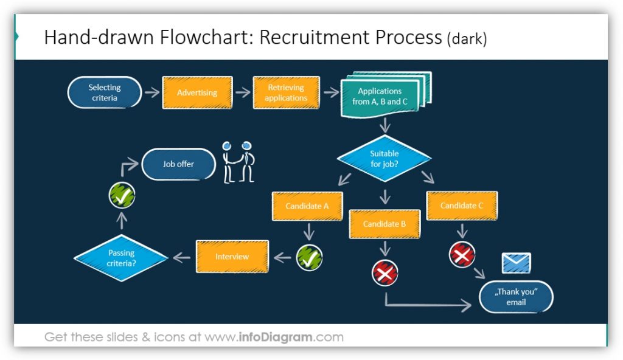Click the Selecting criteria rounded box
104,92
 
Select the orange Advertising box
197,93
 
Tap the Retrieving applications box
286,93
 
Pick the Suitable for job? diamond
384,158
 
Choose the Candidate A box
307,206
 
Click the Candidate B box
384,224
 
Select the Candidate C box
462,206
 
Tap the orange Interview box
232,257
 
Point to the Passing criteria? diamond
120,258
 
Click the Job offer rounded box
178,164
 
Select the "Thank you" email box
516,297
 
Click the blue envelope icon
516,263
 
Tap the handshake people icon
237,162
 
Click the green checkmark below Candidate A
309,258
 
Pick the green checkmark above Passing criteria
122,196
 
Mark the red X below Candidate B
385,274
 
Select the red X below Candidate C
462,255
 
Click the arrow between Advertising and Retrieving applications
243,92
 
